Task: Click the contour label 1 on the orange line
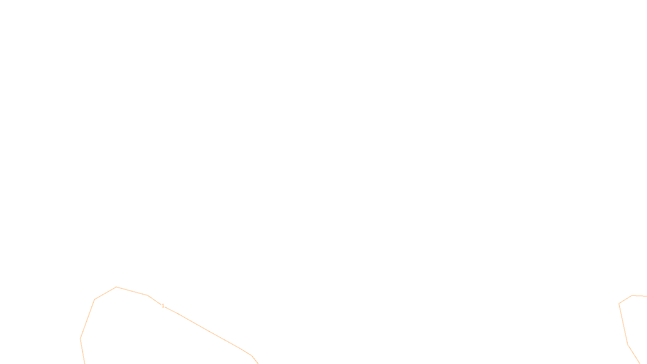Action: tap(163, 306)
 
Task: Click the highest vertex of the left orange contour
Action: tap(116, 287)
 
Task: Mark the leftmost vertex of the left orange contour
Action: tap(80, 339)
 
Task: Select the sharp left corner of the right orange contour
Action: tap(619, 304)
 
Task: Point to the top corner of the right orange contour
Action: tap(632, 296)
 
